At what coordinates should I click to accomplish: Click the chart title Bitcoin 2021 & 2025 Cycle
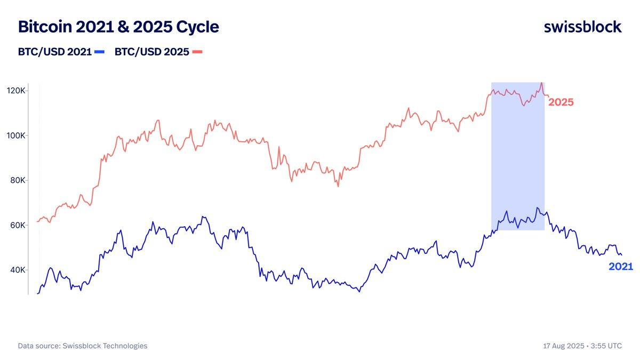(118, 27)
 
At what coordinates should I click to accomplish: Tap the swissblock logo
(582, 27)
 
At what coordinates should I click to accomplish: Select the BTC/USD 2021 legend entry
(55, 52)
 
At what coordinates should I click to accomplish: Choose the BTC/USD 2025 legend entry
(151, 52)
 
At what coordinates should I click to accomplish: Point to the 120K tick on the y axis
(16, 91)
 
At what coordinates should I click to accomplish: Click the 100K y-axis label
(16, 135)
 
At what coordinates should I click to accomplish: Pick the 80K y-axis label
(18, 180)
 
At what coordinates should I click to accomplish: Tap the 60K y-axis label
(18, 225)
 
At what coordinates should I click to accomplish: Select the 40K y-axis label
(18, 270)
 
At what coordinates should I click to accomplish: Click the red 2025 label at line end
(561, 102)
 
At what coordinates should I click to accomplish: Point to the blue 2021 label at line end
(621, 267)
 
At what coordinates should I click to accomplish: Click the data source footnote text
(83, 346)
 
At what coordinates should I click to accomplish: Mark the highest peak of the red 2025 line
(542, 83)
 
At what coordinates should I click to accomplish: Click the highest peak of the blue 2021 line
(537, 208)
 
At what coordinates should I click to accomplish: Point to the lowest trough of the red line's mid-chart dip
(338, 186)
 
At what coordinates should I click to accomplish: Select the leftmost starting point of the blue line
(37, 293)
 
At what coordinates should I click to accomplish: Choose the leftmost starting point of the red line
(37, 221)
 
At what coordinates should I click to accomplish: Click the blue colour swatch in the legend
(100, 52)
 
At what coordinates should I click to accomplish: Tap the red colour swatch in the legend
(197, 52)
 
